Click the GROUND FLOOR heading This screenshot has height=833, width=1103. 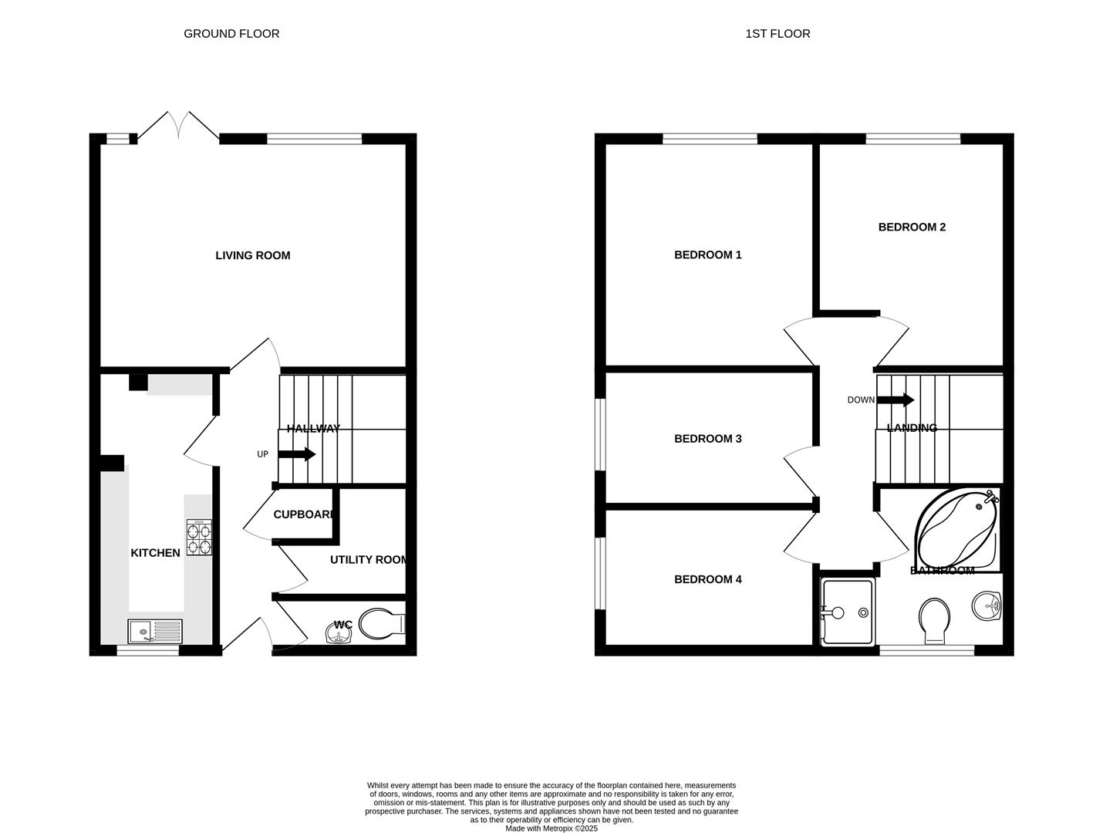tap(231, 34)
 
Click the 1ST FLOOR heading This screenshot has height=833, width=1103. tap(777, 34)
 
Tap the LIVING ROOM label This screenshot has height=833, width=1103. tap(253, 255)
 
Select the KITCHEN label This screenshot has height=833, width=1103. tap(155, 553)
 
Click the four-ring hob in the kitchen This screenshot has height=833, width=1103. tap(199, 538)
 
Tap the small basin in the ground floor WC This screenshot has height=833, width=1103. tap(338, 635)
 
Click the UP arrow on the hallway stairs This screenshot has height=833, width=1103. tap(296, 454)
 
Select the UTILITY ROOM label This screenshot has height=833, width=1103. tap(369, 560)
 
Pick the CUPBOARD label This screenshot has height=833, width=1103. tap(304, 514)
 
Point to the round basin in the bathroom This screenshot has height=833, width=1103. tap(986, 606)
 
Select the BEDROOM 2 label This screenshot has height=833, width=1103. tap(912, 228)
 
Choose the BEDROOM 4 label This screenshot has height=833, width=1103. tap(707, 579)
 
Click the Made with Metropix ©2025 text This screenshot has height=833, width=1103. tap(551, 828)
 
